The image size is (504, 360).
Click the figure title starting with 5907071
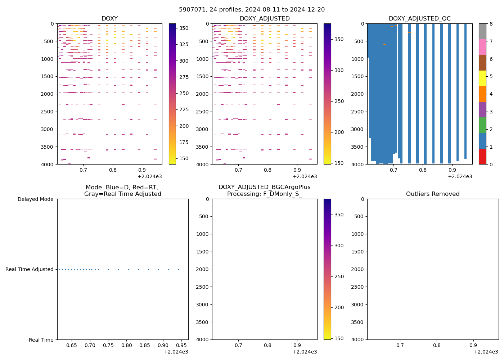[252, 10]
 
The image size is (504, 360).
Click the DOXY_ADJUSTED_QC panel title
[419, 19]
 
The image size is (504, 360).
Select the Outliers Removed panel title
[433, 194]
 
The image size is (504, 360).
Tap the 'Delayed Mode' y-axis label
[35, 199]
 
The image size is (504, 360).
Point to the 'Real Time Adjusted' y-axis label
[29, 269]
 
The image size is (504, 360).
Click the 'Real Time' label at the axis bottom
[41, 340]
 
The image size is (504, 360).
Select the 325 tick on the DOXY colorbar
[184, 44]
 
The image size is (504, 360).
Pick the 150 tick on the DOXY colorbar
[184, 158]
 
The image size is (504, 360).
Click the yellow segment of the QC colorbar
[482, 78]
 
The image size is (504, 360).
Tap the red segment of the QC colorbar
[482, 157]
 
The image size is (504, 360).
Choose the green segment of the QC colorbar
[482, 125]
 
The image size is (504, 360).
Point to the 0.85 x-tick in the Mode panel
[145, 345]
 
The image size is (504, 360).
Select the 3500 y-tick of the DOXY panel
[47, 147]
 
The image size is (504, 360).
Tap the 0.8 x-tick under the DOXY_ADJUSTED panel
[268, 170]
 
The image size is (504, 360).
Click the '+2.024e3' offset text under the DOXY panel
[150, 176]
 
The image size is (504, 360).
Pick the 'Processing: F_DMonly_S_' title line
[264, 194]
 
